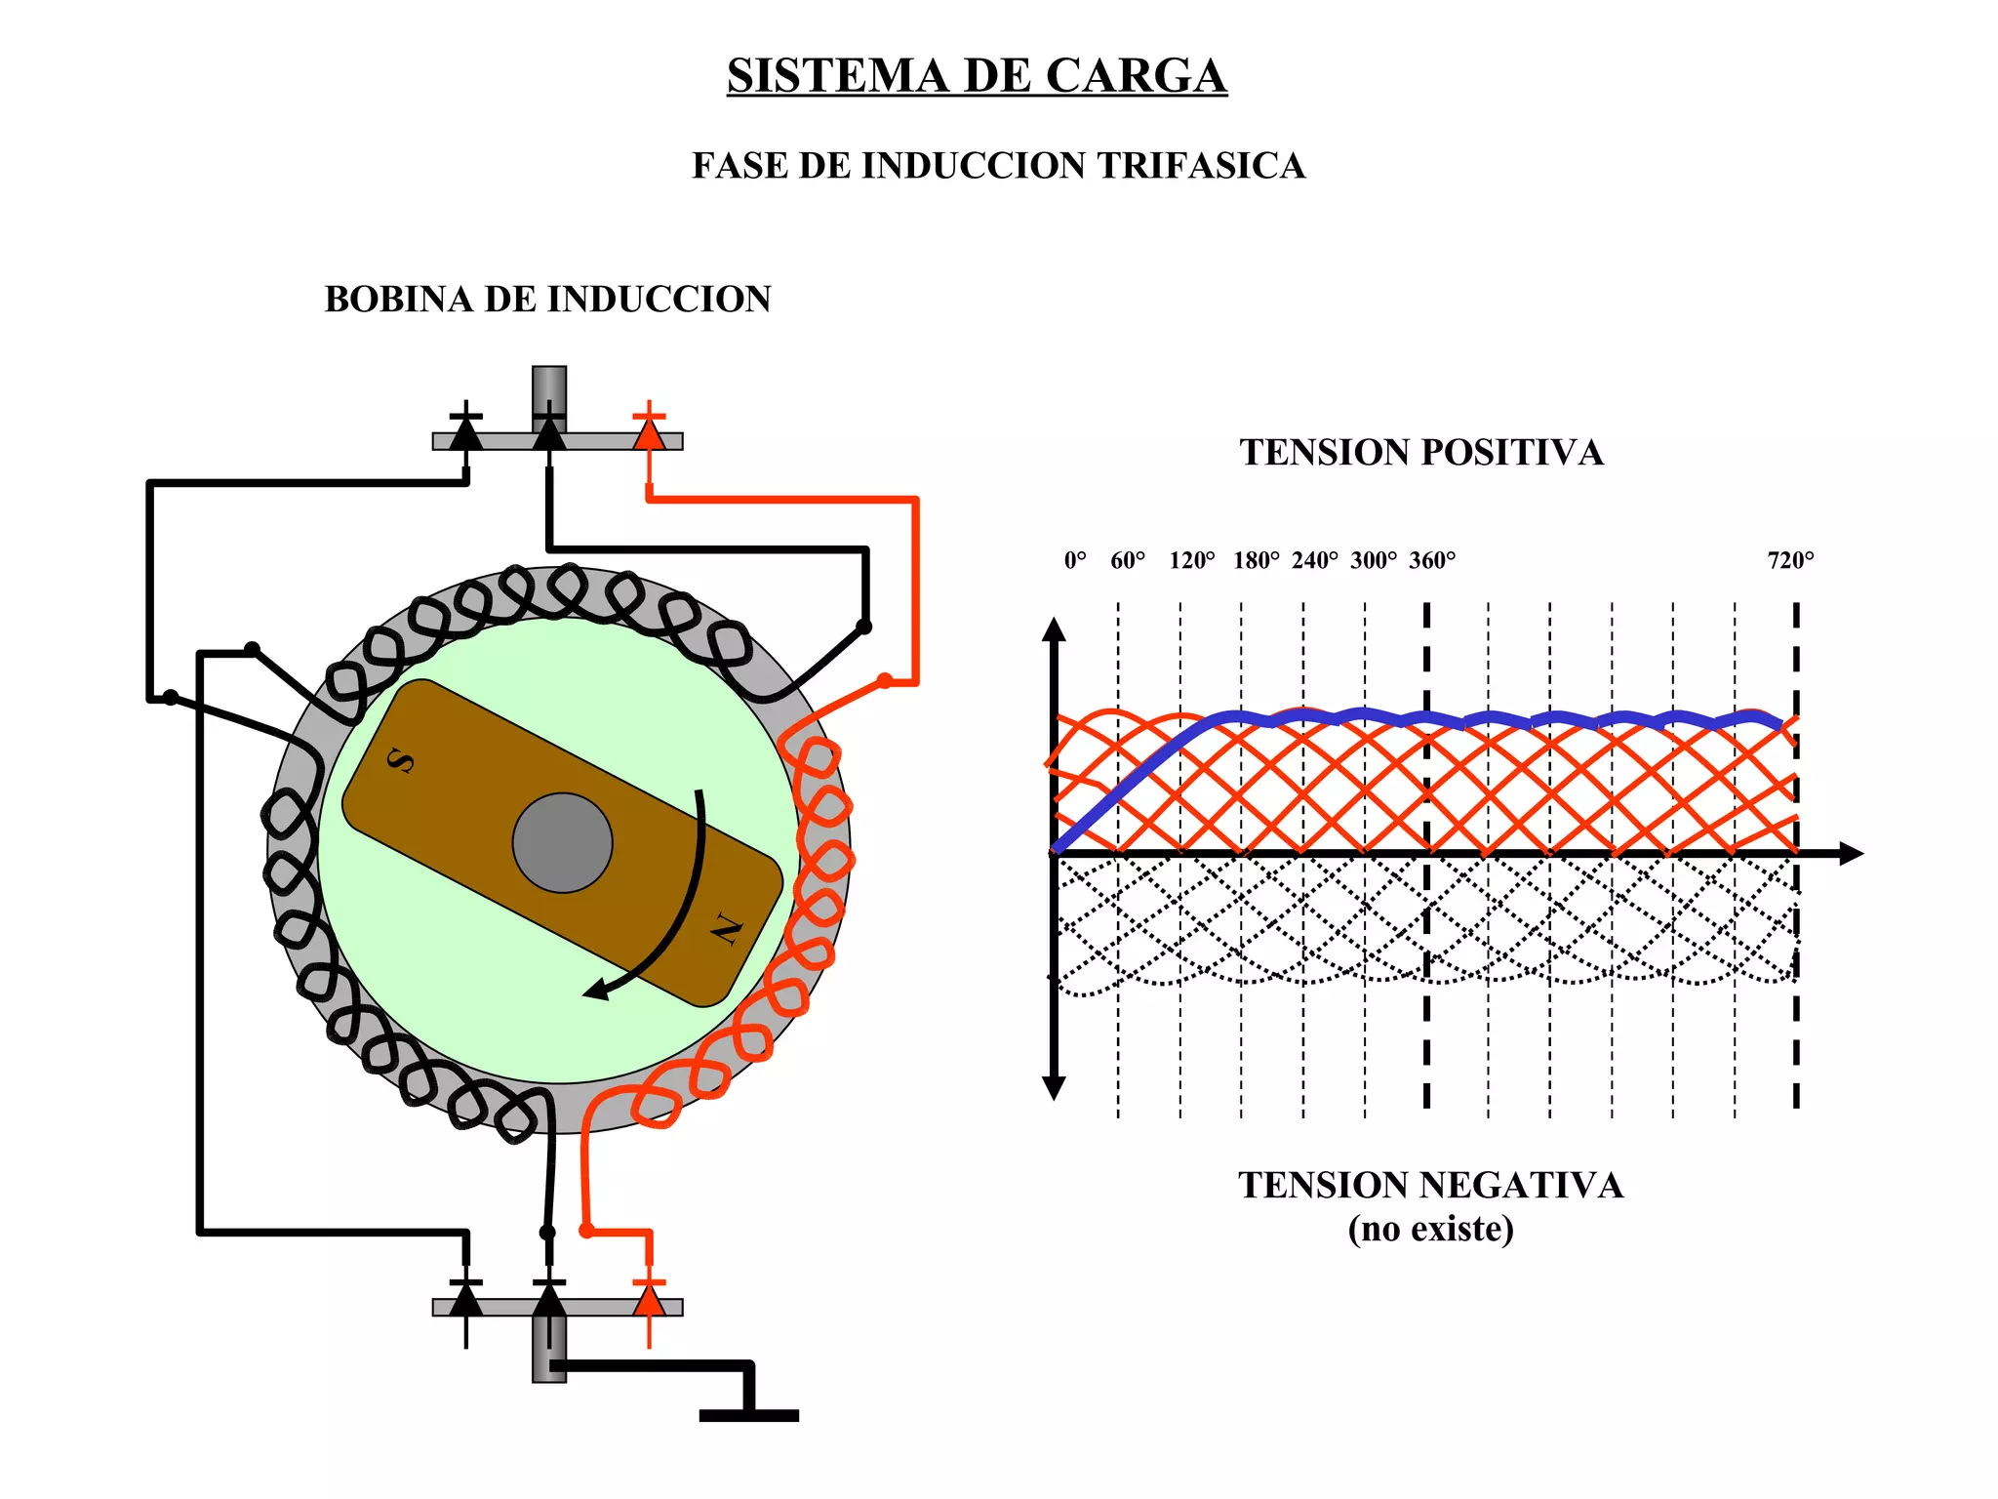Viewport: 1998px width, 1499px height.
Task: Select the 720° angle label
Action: point(1790,560)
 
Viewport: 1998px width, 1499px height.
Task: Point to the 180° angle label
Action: point(1256,560)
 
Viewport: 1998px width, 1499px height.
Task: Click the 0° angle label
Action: point(1075,560)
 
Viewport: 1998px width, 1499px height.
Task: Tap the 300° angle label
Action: point(1373,560)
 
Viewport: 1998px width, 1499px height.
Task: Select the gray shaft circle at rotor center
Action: point(562,842)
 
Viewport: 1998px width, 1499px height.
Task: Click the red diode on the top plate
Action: point(649,431)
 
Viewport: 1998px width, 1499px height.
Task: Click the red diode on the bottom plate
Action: point(649,1299)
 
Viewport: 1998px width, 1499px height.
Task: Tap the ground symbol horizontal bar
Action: point(748,1415)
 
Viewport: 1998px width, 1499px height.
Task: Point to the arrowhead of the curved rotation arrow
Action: point(596,990)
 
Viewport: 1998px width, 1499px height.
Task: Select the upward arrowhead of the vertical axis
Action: point(1054,629)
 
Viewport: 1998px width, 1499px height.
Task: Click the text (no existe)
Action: point(1430,1229)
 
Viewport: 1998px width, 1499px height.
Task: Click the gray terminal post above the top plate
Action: point(549,390)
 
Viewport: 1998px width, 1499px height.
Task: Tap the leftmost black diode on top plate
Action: point(465,431)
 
